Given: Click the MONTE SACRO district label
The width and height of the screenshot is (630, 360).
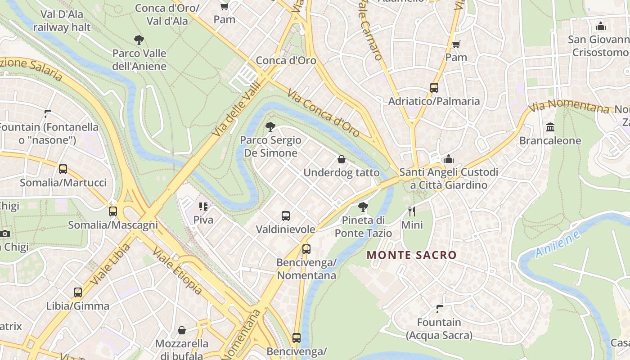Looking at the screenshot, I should [x=411, y=255].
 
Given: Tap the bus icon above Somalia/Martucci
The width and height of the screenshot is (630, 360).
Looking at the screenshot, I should [x=63, y=169].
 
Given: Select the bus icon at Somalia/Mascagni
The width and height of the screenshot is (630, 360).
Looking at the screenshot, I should [x=113, y=211].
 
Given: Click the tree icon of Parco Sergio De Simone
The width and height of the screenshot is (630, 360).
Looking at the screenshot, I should [x=270, y=127].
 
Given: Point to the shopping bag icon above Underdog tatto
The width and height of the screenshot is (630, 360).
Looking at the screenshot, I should [x=341, y=159].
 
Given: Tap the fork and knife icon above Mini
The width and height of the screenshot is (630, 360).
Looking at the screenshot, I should [x=412, y=211].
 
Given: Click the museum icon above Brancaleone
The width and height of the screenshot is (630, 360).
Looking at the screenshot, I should [x=550, y=127].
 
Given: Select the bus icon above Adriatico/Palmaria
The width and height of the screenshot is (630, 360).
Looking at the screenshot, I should [x=434, y=88].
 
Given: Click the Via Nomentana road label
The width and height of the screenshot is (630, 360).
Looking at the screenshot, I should [x=569, y=107].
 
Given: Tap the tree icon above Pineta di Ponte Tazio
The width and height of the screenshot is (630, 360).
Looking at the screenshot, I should [x=363, y=207].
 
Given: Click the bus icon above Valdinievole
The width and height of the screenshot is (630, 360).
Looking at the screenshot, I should [x=285, y=216].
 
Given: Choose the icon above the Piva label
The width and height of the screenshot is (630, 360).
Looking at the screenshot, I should [x=203, y=207].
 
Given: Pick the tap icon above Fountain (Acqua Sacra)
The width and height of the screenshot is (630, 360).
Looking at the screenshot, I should [x=439, y=309].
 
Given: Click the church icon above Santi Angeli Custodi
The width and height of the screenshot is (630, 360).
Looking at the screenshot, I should [x=448, y=159].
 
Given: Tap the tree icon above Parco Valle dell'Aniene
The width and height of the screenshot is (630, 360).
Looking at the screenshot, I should [x=139, y=40].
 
